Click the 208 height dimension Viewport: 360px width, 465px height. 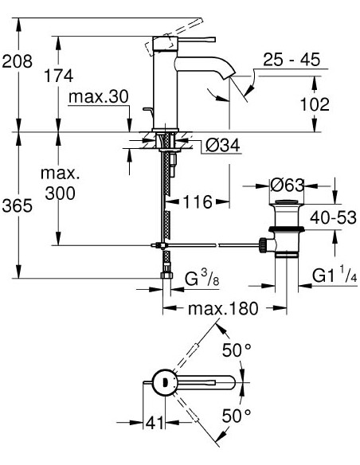click(x=17, y=61)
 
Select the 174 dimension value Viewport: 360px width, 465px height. click(x=58, y=76)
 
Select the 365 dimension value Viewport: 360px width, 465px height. click(x=17, y=206)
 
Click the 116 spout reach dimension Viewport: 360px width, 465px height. click(x=198, y=202)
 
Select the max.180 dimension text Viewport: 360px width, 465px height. click(x=223, y=309)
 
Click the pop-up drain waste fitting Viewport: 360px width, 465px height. click(x=284, y=232)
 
